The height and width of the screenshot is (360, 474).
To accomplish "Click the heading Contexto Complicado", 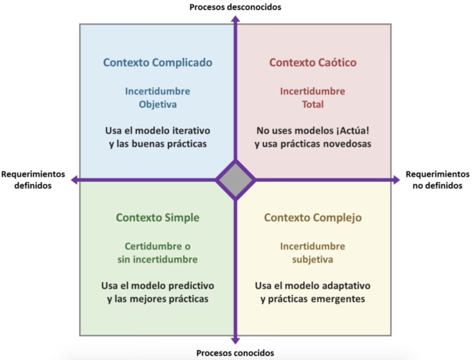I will coord(157,63).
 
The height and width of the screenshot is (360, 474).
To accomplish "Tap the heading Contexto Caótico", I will coord(313,63).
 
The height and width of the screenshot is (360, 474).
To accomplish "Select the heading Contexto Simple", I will coord(157,217).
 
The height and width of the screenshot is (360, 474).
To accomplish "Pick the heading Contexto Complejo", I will coord(313,217).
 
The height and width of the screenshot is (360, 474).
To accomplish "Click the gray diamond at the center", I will coord(236,180).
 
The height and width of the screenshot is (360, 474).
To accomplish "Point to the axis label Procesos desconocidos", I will coord(235,7).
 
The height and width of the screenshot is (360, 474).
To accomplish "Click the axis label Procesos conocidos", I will coord(235,353).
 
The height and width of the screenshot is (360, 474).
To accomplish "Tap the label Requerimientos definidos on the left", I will coord(33,180).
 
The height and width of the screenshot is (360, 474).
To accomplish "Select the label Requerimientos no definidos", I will coord(437,180).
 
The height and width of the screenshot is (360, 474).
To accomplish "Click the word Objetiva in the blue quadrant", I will coord(157,104).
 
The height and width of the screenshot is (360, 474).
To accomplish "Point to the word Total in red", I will coord(313,104).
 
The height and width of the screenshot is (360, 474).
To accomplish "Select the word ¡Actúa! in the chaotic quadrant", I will coord(354,130).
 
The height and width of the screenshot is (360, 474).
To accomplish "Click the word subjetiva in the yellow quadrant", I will coord(312,259).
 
